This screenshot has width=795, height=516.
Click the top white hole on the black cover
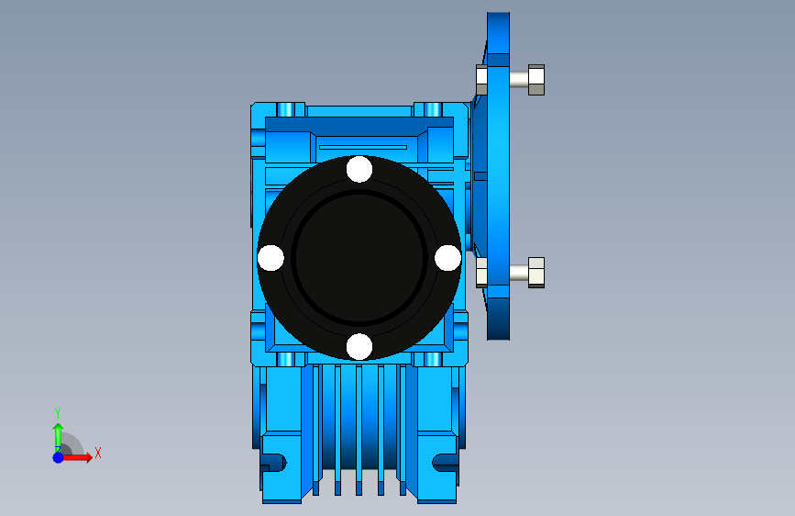359,169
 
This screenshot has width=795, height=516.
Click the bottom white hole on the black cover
359,346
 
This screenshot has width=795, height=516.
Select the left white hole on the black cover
271,257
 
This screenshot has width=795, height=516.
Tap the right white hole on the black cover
447,257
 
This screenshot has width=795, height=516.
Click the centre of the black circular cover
359,257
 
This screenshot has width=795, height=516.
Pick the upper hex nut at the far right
536,80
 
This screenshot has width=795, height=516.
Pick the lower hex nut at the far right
536,273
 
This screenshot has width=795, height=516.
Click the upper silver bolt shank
519,79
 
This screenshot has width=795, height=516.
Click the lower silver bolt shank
519,272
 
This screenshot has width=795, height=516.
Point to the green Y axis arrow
58,438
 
